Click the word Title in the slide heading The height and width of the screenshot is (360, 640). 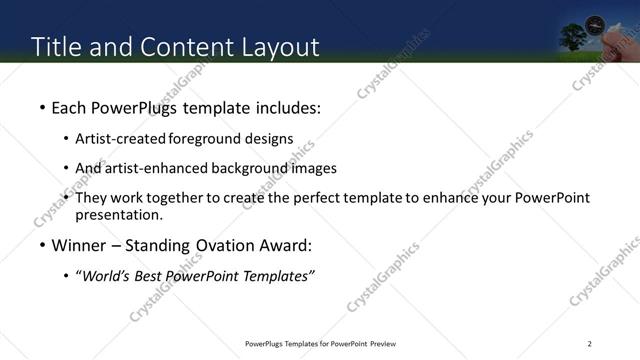pyautogui.click(x=56, y=47)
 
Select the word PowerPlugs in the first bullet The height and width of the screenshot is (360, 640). pyautogui.click(x=127, y=107)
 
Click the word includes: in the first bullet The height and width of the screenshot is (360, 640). pyautogui.click(x=290, y=107)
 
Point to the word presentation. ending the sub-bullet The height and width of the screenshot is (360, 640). pyautogui.click(x=118, y=215)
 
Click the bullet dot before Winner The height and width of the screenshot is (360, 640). pyautogui.click(x=41, y=246)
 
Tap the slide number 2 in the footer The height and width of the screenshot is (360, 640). pyautogui.click(x=590, y=345)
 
